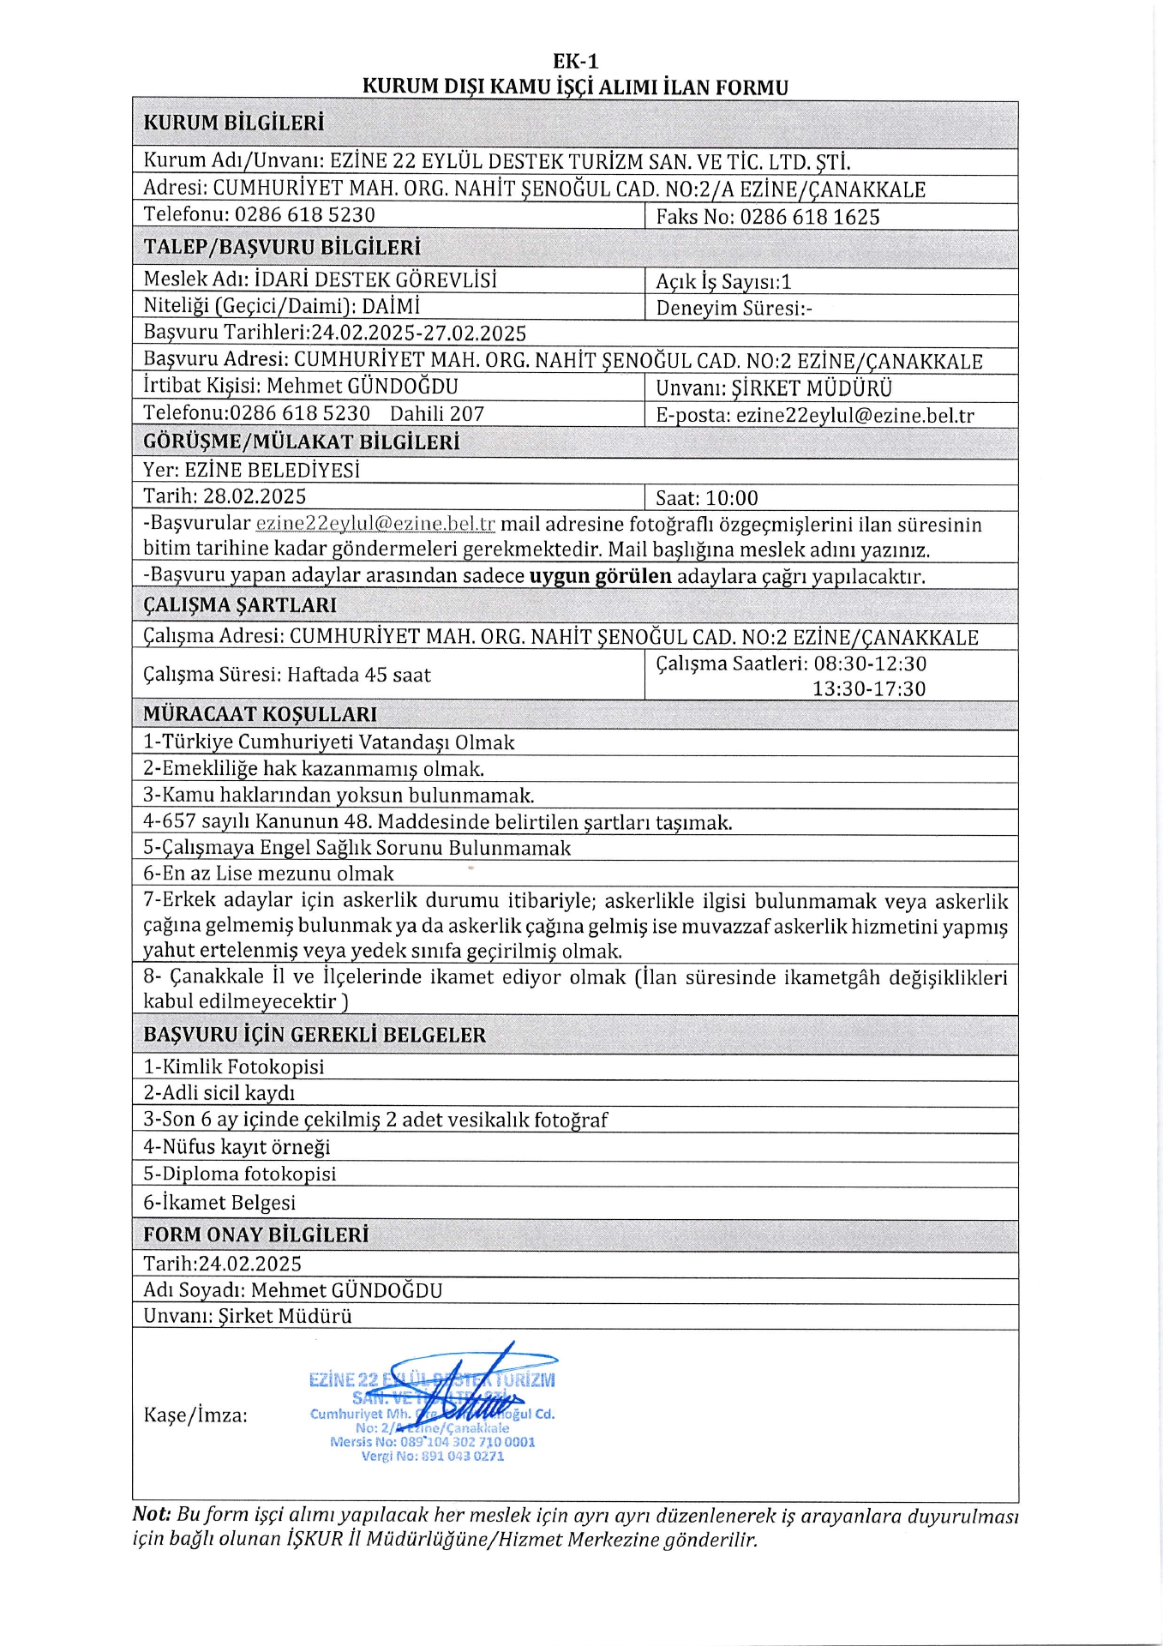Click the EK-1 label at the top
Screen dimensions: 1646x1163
[x=575, y=61]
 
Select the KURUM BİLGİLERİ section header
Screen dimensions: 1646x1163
[x=233, y=123]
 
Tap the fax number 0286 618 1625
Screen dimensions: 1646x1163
[x=810, y=217]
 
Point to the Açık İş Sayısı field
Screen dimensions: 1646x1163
[x=723, y=282]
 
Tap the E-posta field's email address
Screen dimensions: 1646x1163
[x=854, y=416]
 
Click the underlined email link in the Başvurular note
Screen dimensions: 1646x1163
[x=375, y=524]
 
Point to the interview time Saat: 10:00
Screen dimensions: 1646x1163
[x=706, y=498]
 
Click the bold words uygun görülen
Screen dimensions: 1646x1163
[x=600, y=576]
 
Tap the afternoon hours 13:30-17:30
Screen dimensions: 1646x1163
[x=868, y=688]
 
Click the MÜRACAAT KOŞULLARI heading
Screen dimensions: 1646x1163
[x=260, y=714]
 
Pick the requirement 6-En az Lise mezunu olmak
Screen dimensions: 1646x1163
[x=268, y=874]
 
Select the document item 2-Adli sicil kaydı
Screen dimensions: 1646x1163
[x=219, y=1093]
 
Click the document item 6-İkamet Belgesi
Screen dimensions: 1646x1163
[x=219, y=1202]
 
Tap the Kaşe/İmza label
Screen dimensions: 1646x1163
[x=195, y=1415]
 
